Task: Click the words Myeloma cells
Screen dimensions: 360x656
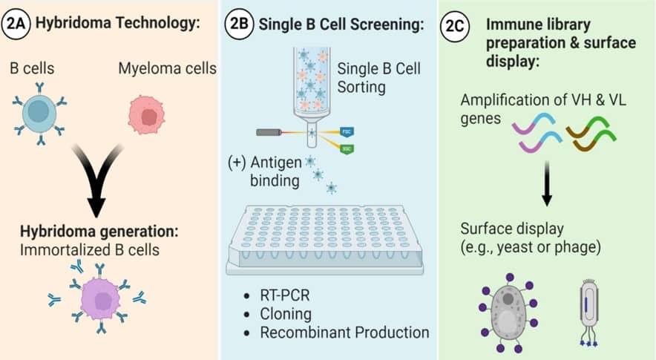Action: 167,69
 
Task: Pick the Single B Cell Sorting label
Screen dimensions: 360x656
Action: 378,78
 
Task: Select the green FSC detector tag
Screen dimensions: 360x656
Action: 346,131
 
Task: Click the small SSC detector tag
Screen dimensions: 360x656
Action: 346,148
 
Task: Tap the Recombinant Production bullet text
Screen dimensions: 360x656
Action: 344,332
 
